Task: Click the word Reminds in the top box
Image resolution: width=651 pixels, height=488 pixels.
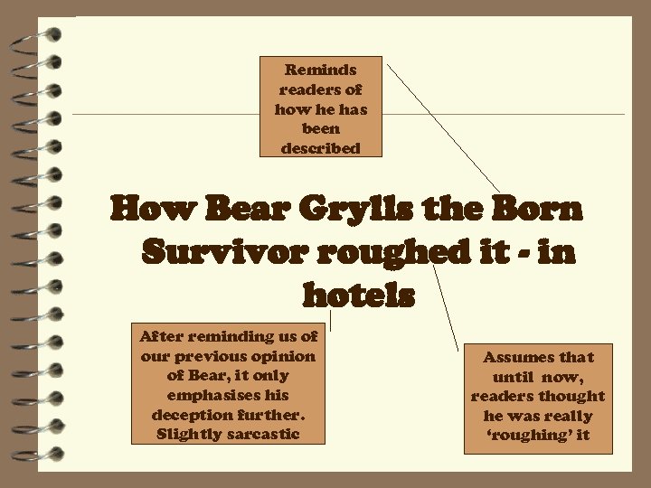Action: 320,70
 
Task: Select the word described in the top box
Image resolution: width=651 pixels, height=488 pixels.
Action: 320,148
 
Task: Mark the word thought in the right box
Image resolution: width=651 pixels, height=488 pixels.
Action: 572,397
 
